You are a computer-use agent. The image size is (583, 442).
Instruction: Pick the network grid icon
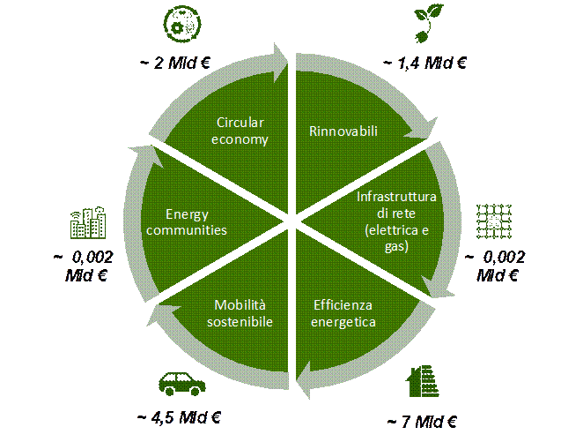click(x=493, y=221)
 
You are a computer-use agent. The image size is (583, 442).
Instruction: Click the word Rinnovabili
click(x=343, y=131)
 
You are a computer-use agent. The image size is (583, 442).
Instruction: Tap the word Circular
click(x=240, y=123)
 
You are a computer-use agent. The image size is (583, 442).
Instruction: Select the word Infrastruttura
click(x=396, y=196)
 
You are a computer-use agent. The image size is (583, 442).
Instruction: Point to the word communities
click(x=188, y=230)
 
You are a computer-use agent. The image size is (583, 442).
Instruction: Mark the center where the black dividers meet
click(x=291, y=221)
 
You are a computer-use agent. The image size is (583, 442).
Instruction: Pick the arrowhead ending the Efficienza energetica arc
click(x=305, y=378)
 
